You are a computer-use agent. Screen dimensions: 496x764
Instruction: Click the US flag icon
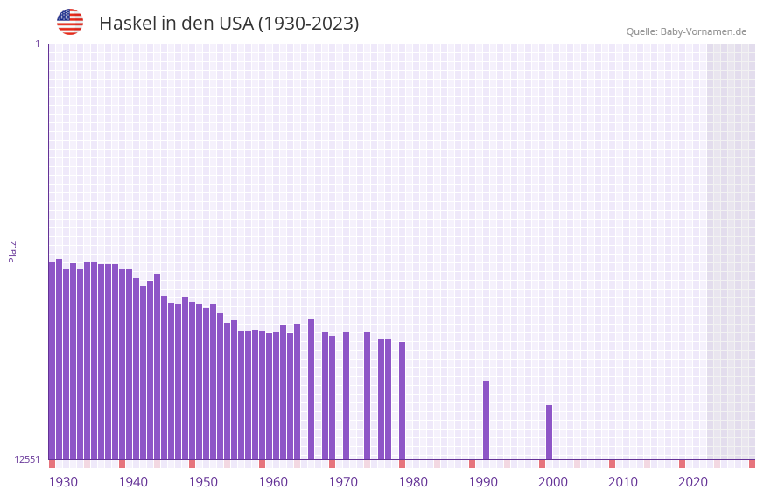point(70,22)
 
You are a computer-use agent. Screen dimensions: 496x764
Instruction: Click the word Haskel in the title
point(127,24)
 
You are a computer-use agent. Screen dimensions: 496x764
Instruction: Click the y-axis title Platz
point(12,251)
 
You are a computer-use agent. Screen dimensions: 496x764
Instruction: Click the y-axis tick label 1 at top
point(37,44)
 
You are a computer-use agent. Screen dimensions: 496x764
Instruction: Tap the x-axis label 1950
point(203,482)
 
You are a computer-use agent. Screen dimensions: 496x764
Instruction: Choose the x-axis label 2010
point(623,482)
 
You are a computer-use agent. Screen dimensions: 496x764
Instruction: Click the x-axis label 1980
point(413,482)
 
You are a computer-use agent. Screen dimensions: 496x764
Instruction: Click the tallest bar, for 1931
point(59,359)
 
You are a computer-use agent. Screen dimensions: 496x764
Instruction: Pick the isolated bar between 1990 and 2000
point(486,420)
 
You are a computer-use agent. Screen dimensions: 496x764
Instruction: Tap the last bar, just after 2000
point(549,432)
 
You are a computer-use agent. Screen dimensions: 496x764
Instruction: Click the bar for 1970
point(332,397)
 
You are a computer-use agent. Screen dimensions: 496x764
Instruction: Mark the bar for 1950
point(192,381)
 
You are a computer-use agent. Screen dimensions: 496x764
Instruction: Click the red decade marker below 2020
point(682,464)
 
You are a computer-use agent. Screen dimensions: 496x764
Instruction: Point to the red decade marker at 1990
point(472,464)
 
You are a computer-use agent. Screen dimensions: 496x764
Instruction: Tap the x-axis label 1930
point(63,482)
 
